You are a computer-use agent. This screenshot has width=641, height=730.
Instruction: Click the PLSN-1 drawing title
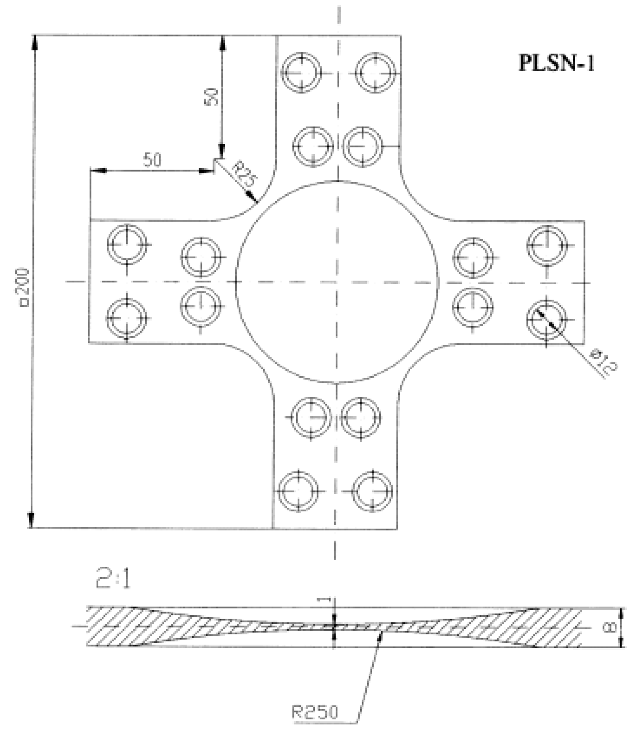[556, 63]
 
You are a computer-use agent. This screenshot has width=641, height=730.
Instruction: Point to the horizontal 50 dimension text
[152, 160]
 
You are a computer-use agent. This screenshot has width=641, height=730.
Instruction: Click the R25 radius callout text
[244, 174]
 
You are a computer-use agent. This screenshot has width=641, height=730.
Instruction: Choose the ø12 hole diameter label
[603, 362]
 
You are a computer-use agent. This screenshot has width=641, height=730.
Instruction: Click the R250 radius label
[315, 712]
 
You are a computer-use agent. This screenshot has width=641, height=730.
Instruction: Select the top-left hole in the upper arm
[301, 72]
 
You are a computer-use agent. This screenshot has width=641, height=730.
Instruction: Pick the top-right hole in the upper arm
[375, 72]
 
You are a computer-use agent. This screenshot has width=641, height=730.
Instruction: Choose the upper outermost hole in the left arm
[127, 244]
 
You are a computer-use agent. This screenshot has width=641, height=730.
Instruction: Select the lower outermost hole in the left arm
[126, 318]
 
